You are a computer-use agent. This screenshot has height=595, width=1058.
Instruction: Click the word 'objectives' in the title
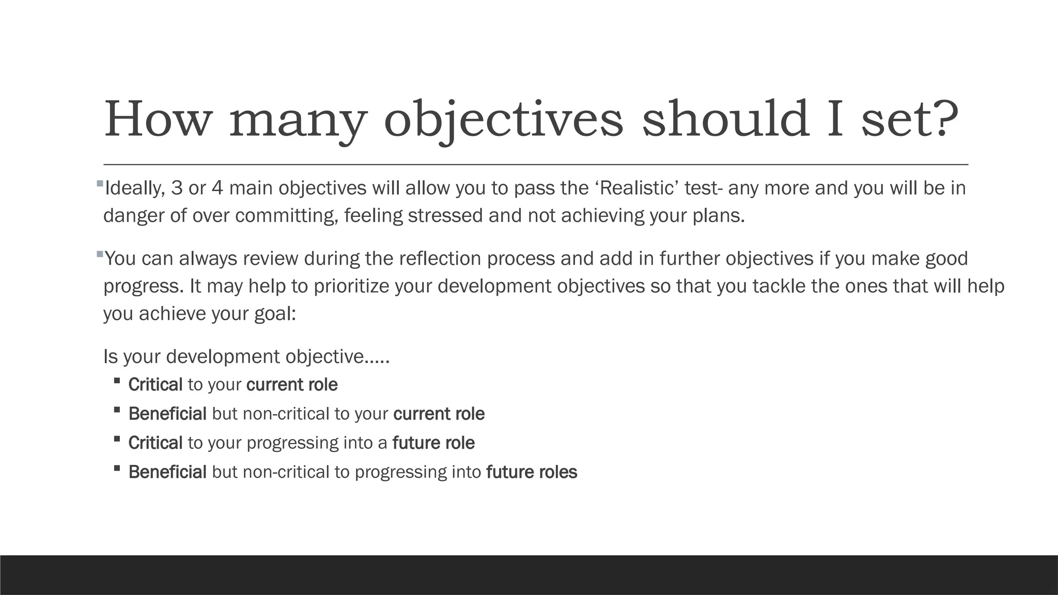tap(504, 120)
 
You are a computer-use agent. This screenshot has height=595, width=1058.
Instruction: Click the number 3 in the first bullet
tap(177, 188)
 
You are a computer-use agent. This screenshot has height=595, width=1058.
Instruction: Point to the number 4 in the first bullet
tap(217, 188)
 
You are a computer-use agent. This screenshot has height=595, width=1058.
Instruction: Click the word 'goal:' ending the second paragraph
tap(275, 314)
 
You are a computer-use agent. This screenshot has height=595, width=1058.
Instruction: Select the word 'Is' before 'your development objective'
tap(111, 356)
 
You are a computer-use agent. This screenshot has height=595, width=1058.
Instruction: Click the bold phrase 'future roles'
tap(532, 472)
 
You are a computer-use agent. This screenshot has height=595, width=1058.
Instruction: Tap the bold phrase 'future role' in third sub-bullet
tap(433, 443)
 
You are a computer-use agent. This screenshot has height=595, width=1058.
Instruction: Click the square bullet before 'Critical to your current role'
tap(117, 381)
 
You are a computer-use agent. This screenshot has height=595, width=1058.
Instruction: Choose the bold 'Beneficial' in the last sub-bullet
tap(167, 472)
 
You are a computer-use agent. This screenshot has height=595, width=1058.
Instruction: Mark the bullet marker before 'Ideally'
tap(100, 183)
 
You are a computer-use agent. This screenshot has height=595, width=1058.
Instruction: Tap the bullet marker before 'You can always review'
tap(100, 254)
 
